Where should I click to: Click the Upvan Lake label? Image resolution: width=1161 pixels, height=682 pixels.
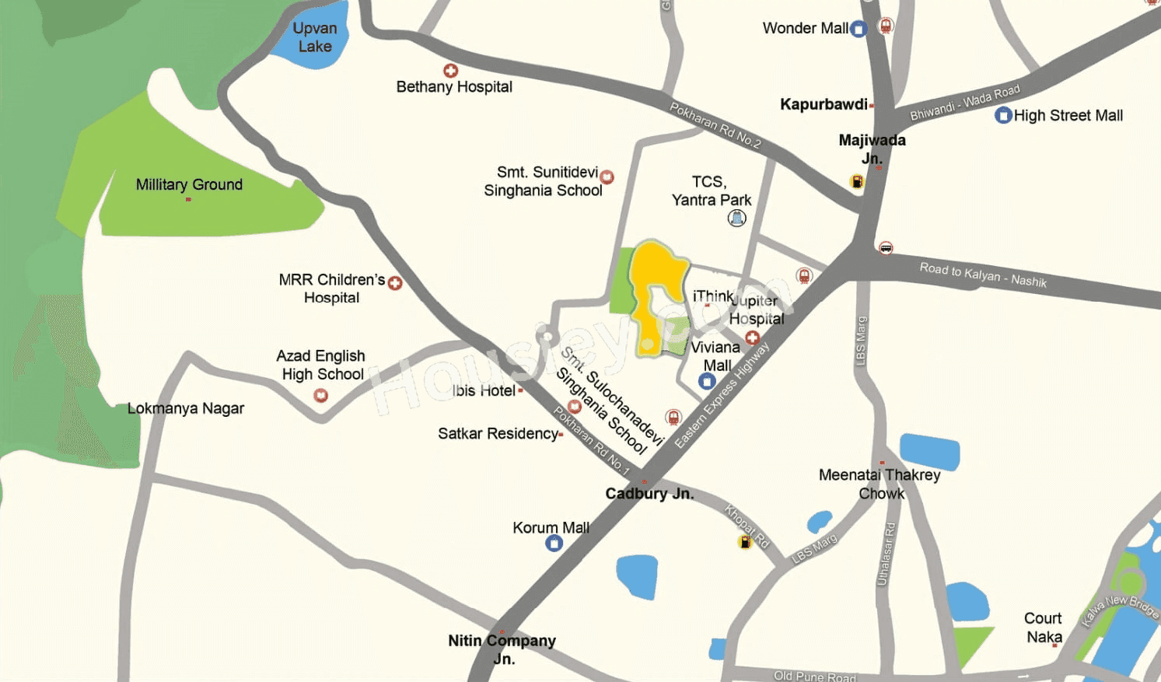tap(314, 37)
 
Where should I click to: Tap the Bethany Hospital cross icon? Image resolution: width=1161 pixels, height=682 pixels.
tap(450, 71)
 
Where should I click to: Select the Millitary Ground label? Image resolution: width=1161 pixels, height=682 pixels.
tap(189, 185)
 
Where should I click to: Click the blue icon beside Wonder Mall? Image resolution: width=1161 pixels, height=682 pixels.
tap(859, 30)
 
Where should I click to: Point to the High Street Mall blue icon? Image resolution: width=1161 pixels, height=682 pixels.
tap(1003, 116)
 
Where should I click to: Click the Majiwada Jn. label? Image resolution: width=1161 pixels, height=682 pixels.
tap(872, 149)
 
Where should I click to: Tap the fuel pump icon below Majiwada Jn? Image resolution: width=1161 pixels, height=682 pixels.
tap(857, 182)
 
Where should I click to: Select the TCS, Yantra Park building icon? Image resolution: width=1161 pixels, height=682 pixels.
tap(736, 219)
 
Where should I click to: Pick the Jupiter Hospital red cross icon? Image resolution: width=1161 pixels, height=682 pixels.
tap(752, 338)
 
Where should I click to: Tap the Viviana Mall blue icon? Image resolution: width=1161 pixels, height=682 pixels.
tap(707, 381)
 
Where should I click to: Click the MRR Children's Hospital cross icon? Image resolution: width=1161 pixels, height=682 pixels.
tap(395, 283)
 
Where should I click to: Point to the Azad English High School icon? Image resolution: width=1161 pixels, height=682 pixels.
tap(320, 396)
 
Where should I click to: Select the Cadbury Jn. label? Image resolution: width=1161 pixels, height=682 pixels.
tap(649, 494)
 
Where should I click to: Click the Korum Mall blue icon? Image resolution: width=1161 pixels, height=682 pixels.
tap(554, 543)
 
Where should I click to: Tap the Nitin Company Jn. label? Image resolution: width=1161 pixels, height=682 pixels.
tap(502, 649)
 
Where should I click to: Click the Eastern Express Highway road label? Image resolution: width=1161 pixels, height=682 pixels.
tap(721, 396)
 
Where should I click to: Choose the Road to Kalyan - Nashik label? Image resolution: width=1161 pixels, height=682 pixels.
tap(983, 275)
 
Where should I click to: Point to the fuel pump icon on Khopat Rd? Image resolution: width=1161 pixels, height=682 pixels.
tap(745, 542)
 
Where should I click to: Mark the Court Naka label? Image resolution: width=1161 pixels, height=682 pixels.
tap(1043, 628)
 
